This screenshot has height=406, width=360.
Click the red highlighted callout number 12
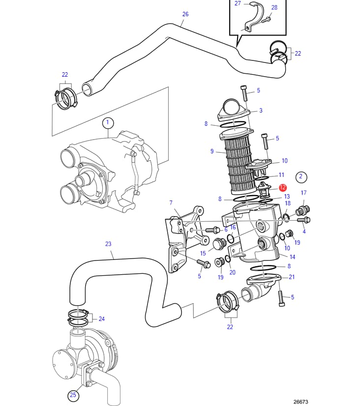click(x=283, y=187)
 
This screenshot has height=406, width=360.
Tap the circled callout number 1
click(x=108, y=123)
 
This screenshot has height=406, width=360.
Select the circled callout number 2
click(x=301, y=177)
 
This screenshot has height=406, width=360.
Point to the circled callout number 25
click(x=73, y=395)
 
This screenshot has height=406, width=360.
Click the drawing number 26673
click(x=300, y=402)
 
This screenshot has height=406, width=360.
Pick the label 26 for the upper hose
click(x=185, y=14)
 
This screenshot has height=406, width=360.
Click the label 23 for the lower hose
click(x=108, y=244)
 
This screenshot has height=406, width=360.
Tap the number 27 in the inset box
click(x=238, y=3)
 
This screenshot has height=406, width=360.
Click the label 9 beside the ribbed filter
click(x=212, y=151)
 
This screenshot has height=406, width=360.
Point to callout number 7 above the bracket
click(x=171, y=203)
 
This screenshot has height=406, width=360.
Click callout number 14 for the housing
click(x=292, y=257)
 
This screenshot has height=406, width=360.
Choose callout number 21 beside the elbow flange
click(x=292, y=277)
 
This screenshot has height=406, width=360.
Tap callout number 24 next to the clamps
click(x=101, y=319)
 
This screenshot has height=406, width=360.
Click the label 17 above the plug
click(x=303, y=193)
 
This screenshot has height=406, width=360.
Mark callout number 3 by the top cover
click(x=261, y=111)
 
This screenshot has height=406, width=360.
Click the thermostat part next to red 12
click(x=265, y=190)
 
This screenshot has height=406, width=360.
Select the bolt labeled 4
click(x=303, y=220)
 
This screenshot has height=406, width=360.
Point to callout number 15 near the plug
click(x=203, y=253)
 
